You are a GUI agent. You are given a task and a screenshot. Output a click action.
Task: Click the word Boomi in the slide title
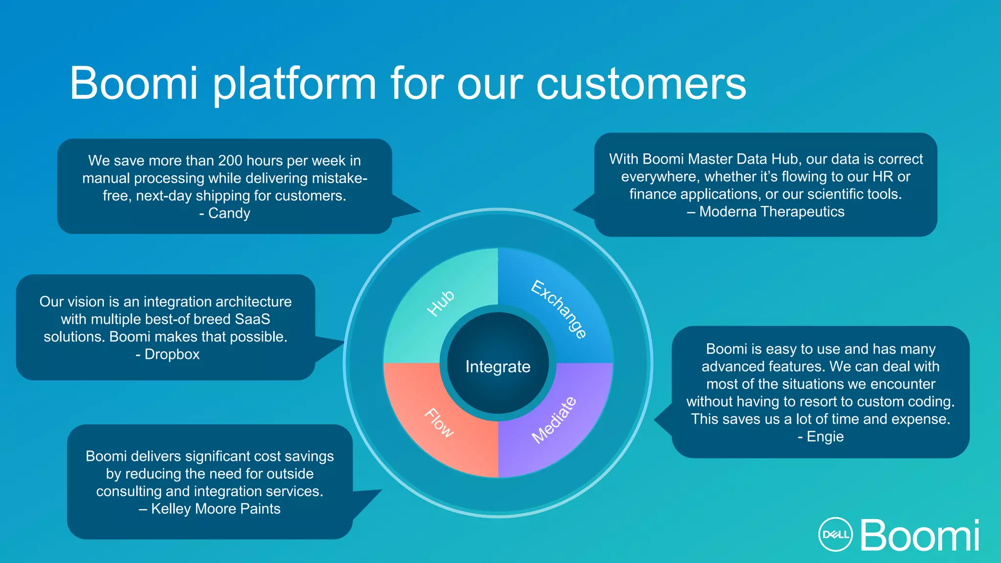[x=133, y=84]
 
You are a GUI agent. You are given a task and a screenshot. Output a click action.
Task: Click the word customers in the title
[x=641, y=84]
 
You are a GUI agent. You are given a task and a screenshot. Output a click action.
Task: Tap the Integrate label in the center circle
[x=498, y=367]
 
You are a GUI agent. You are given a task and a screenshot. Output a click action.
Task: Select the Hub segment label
[x=441, y=303]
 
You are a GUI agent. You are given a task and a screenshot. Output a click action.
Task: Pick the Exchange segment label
[x=559, y=309]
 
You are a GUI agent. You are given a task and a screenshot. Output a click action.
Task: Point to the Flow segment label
[x=439, y=422]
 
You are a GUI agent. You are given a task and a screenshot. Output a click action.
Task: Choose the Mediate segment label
[x=554, y=420]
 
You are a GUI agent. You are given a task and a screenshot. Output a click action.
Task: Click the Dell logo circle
[x=835, y=534]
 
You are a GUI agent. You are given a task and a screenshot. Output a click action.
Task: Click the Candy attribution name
[x=229, y=213]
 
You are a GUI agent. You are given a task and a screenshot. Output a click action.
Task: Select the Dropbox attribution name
[x=172, y=354]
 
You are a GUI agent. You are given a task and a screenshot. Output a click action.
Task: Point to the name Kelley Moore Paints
[x=216, y=509]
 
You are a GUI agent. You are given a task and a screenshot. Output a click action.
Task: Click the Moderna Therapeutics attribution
[x=772, y=212]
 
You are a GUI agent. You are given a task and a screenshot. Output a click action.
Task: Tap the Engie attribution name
[x=825, y=436]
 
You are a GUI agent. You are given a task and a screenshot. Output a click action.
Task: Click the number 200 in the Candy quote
[x=230, y=160]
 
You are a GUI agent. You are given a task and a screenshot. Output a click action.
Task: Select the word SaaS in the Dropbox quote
[x=252, y=319]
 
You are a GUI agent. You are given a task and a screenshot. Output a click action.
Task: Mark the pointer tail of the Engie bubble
[x=662, y=419]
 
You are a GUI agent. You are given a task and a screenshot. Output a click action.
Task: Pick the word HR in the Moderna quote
[x=883, y=176]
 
